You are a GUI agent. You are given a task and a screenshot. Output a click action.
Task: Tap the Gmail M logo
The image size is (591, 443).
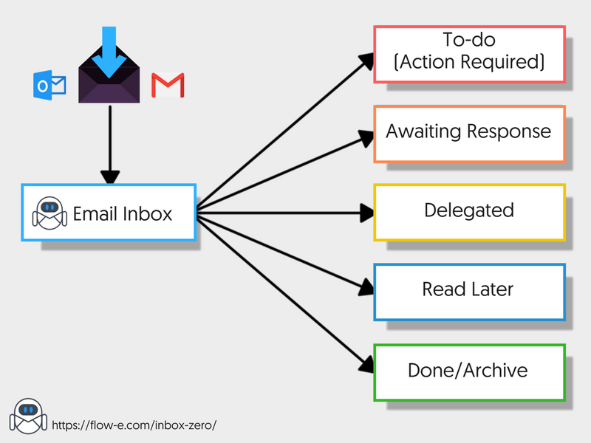click(168, 86)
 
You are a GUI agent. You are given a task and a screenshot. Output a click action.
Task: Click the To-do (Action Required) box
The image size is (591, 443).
click(469, 54)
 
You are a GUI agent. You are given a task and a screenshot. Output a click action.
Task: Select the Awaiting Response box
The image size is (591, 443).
click(469, 133)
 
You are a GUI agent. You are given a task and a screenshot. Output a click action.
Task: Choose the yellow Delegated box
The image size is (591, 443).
click(469, 212)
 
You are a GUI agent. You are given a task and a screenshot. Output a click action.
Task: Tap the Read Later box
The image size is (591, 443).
click(469, 290)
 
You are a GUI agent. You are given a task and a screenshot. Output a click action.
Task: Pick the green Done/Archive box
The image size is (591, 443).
click(469, 371)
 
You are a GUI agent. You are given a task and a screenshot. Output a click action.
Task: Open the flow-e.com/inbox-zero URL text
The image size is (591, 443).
click(134, 425)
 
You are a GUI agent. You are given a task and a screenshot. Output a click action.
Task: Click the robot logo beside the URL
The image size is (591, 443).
click(28, 415)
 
